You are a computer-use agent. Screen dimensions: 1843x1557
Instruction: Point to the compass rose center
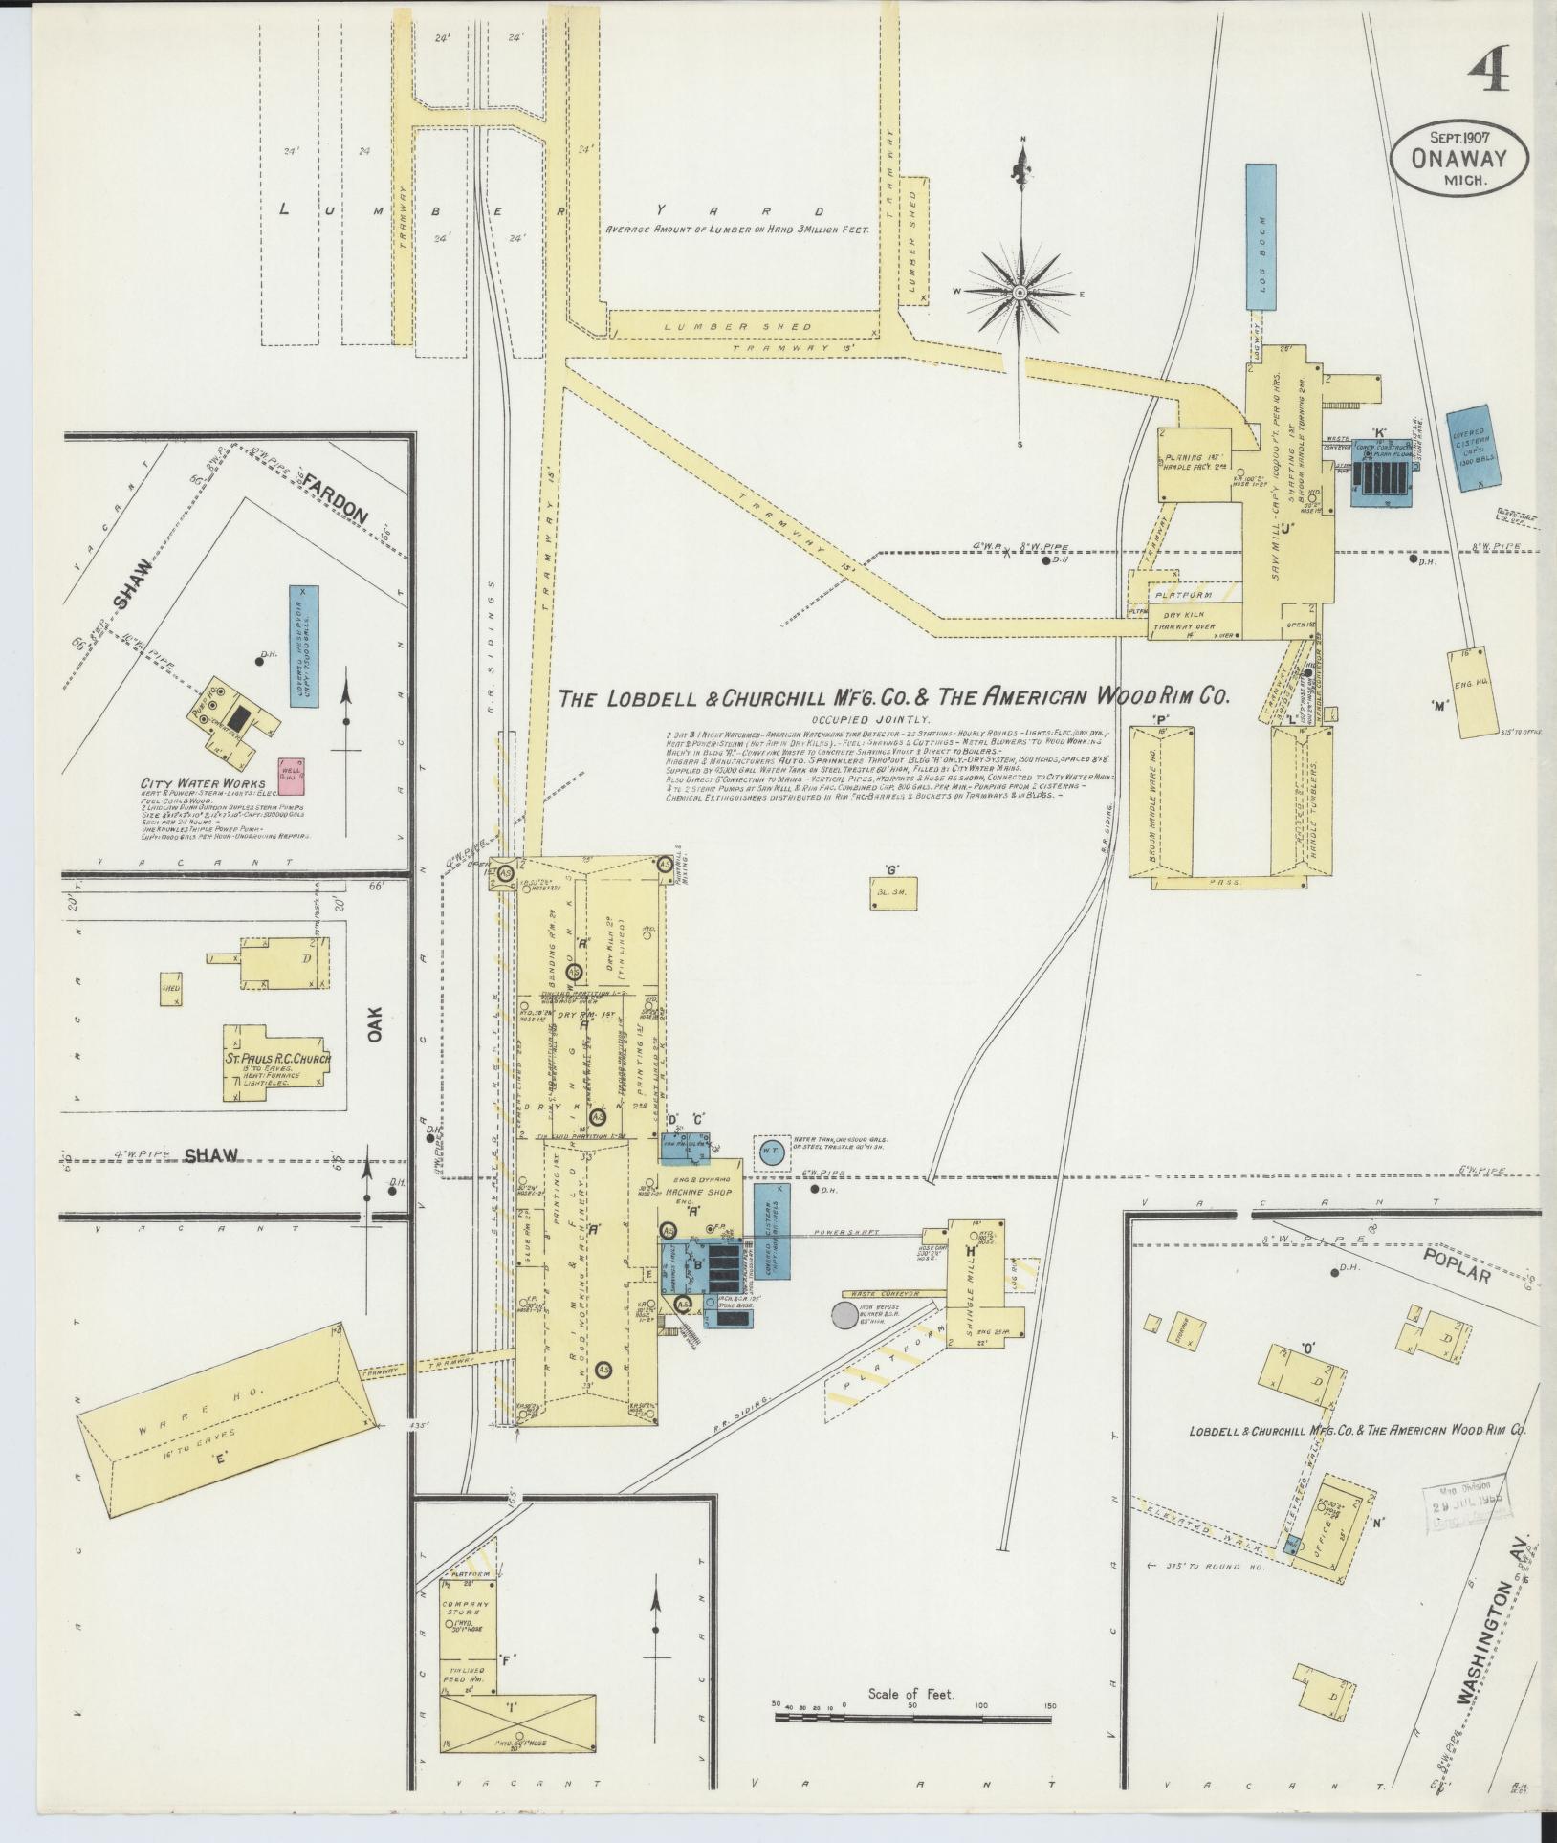coord(1020,291)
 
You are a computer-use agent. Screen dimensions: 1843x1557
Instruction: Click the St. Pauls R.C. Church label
coord(278,1059)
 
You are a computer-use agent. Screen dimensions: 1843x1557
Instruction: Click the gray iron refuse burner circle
coord(845,1316)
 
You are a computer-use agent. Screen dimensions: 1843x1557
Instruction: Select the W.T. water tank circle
coord(774,1152)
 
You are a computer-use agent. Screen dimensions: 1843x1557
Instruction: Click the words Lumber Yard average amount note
coord(735,230)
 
